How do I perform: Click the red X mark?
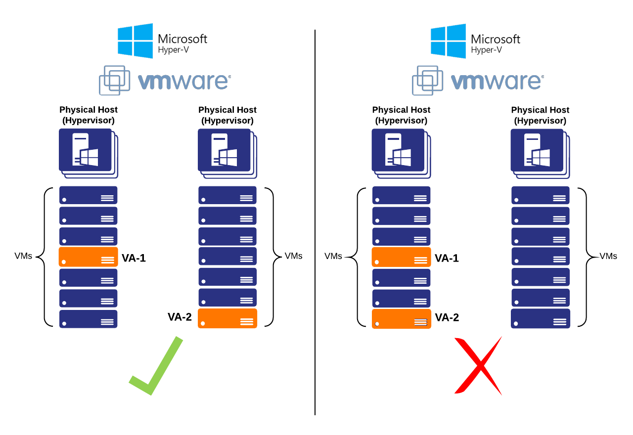pos(478,365)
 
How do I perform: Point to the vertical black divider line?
pos(315,222)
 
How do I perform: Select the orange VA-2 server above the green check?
pos(227,318)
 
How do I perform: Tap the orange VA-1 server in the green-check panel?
pos(89,257)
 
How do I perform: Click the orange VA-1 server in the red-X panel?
pos(401,257)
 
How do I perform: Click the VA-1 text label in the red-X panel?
pos(447,258)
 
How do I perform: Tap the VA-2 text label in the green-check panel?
pos(180,317)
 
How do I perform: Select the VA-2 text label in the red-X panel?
pos(447,317)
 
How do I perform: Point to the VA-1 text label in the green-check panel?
pos(134,258)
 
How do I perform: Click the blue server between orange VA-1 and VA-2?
pos(401,278)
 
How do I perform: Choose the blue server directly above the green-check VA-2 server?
pos(227,298)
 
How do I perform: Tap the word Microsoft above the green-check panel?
pos(182,39)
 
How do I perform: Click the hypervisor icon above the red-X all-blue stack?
pos(540,153)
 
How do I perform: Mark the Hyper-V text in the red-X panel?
pos(486,50)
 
